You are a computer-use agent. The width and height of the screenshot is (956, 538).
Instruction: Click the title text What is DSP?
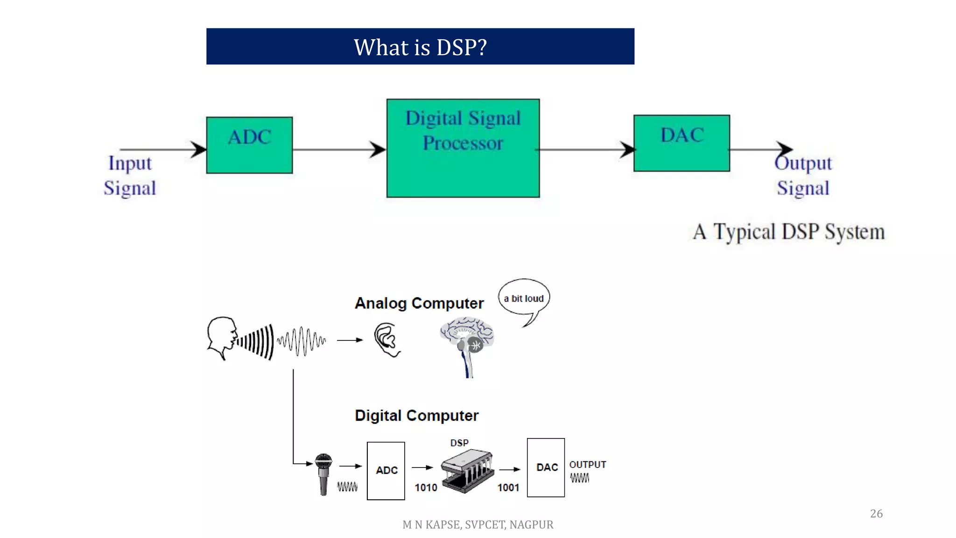[420, 47]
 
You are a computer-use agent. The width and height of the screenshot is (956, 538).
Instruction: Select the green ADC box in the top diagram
[249, 145]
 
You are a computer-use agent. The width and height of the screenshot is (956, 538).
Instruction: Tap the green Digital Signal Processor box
[463, 148]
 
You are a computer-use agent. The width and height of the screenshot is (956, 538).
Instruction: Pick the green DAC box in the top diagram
[682, 143]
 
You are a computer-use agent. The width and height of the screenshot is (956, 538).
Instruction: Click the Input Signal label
[130, 176]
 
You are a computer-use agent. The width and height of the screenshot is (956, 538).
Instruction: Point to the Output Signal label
[803, 176]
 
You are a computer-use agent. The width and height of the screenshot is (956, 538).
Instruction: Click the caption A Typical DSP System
[788, 232]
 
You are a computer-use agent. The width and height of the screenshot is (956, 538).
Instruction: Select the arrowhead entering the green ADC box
[199, 149]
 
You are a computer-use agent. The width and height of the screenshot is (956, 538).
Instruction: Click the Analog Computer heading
[419, 304]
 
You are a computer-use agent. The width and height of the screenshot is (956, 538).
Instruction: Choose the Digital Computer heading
[416, 416]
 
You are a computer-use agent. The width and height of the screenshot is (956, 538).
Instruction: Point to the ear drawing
[387, 340]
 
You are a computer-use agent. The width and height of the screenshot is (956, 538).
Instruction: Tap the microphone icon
[323, 473]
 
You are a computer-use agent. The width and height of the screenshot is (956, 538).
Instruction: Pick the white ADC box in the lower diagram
[386, 471]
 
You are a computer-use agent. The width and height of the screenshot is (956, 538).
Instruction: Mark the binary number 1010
[426, 488]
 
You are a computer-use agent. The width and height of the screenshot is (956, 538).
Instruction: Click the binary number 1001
[508, 488]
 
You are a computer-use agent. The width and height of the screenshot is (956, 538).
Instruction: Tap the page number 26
[876, 514]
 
